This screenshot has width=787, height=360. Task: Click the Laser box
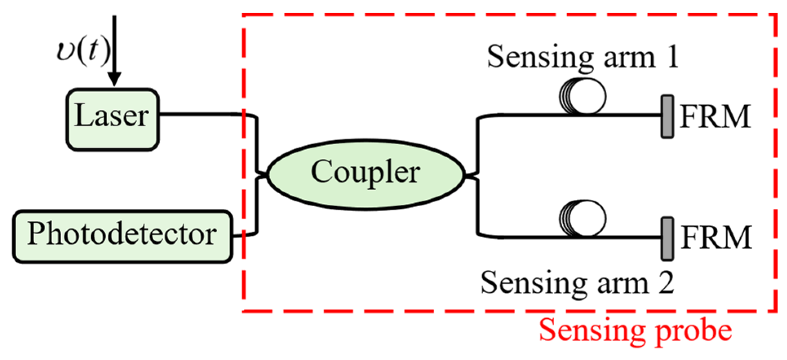point(113,119)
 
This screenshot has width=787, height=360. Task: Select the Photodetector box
point(122,236)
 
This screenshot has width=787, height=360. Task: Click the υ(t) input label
point(83,52)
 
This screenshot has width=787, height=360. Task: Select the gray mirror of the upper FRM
point(667,117)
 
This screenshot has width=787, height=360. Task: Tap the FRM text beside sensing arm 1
point(715,117)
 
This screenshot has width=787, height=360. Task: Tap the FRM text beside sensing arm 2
point(716,237)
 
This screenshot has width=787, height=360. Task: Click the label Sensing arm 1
point(582,57)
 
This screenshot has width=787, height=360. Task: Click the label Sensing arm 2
point(577,283)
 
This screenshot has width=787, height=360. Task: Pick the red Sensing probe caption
point(635,331)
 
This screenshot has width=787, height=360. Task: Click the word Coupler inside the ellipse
point(365,172)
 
